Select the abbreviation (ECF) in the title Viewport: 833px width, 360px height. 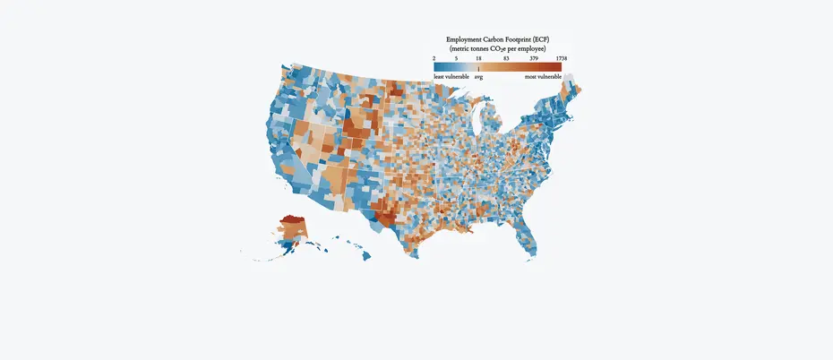[x=557, y=40]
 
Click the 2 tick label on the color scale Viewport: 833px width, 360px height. [x=434, y=58]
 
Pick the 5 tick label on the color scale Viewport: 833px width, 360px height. [x=456, y=58]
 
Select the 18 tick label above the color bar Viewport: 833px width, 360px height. [x=478, y=58]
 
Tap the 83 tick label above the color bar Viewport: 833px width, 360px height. [x=506, y=58]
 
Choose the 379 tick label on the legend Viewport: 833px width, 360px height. [x=534, y=58]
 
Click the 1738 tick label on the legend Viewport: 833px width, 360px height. [x=561, y=58]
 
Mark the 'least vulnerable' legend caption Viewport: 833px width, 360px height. [x=451, y=77]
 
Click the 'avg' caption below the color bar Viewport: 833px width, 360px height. [x=478, y=77]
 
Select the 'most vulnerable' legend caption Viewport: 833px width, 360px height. [x=543, y=77]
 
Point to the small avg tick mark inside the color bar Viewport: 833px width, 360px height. [x=478, y=67]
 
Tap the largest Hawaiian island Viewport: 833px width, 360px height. [x=367, y=256]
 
